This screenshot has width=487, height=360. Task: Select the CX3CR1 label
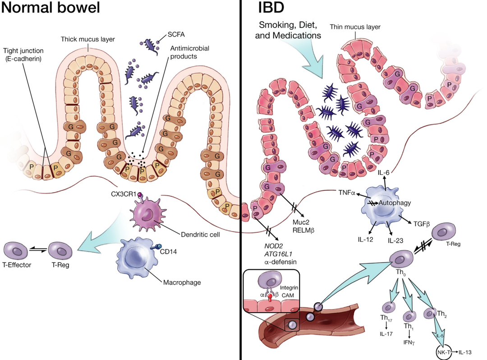[x=123, y=194]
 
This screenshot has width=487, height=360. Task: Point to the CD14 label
[x=168, y=251]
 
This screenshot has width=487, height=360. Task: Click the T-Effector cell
[x=15, y=250]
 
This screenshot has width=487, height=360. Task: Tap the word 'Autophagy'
[x=395, y=203]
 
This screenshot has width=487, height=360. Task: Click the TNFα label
[x=347, y=193]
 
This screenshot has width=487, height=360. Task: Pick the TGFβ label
[x=422, y=224]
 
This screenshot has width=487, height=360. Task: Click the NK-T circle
[x=444, y=352]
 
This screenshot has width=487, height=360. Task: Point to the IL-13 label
[x=465, y=352]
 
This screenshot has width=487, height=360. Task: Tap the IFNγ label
[x=409, y=342]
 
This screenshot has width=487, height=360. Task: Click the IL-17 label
[x=386, y=334]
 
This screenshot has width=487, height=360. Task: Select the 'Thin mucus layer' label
[x=355, y=27]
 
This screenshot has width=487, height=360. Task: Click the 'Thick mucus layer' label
[x=87, y=39]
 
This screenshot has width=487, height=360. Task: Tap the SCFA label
[x=176, y=34]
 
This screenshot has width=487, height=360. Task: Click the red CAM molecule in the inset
[x=270, y=296]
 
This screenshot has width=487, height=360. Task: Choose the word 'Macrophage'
[x=182, y=283]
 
